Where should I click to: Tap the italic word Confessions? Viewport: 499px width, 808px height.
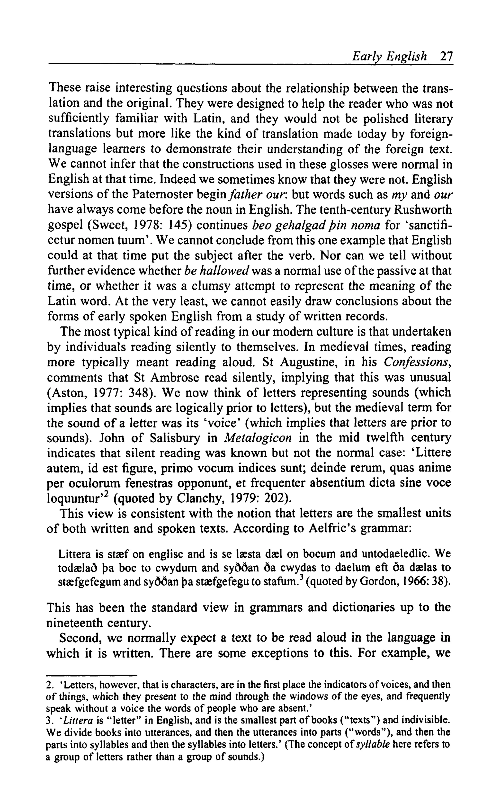click(417, 362)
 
